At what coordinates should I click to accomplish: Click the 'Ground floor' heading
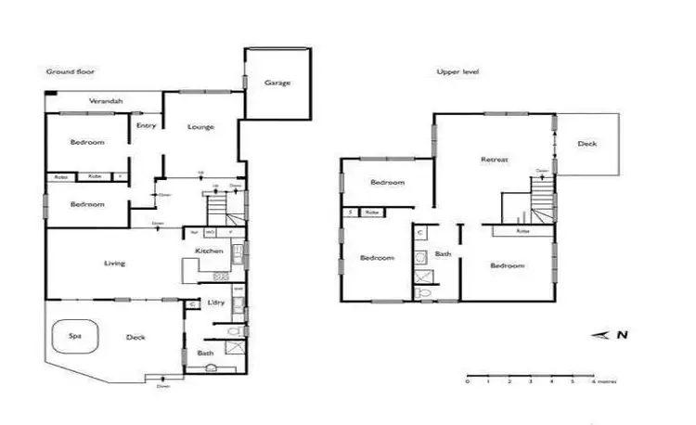point(71,71)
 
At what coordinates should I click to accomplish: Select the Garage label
point(277,83)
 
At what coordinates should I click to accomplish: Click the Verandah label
point(107,100)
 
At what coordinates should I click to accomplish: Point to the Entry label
point(146,125)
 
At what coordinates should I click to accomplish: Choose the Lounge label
point(200,126)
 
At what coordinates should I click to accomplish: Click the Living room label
point(114,264)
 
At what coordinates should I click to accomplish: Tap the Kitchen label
point(207,251)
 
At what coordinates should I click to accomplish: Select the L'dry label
point(216,303)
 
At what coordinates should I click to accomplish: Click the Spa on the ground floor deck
point(73,338)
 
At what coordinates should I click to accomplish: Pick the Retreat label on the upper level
point(494,160)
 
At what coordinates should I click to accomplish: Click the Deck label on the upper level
point(586,144)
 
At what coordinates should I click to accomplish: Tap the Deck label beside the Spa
point(135,338)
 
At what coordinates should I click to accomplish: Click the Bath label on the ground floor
point(205,354)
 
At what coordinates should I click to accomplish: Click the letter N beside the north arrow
point(623,336)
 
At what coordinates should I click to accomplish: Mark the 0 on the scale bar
point(467,381)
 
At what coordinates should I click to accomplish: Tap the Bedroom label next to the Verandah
point(86,142)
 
